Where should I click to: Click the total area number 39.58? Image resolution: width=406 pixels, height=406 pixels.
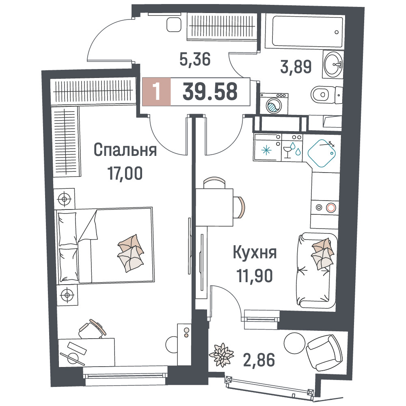click(210, 91)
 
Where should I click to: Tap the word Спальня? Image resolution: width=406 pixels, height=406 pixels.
click(125, 150)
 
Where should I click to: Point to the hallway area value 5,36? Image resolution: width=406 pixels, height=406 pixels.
click(195, 59)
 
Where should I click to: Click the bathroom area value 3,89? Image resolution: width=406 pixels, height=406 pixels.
click(296, 67)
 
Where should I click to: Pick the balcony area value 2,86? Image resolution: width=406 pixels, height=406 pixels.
click(259, 360)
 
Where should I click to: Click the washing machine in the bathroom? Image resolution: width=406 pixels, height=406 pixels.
click(274, 104)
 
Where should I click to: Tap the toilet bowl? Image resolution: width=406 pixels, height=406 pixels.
click(327, 94)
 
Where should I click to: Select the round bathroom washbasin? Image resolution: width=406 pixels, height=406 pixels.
click(333, 64)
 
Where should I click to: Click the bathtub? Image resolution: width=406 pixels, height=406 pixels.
click(307, 32)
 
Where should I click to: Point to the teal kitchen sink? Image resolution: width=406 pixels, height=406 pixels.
click(322, 153)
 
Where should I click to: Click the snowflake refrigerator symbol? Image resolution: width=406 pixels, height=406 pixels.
click(266, 150)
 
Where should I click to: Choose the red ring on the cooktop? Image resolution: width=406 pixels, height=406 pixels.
click(331, 207)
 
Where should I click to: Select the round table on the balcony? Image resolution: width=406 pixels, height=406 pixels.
click(295, 343)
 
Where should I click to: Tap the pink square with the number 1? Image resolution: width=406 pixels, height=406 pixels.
click(156, 92)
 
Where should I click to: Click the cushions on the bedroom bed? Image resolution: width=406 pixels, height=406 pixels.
click(131, 253)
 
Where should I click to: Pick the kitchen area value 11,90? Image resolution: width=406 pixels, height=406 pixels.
click(255, 276)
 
